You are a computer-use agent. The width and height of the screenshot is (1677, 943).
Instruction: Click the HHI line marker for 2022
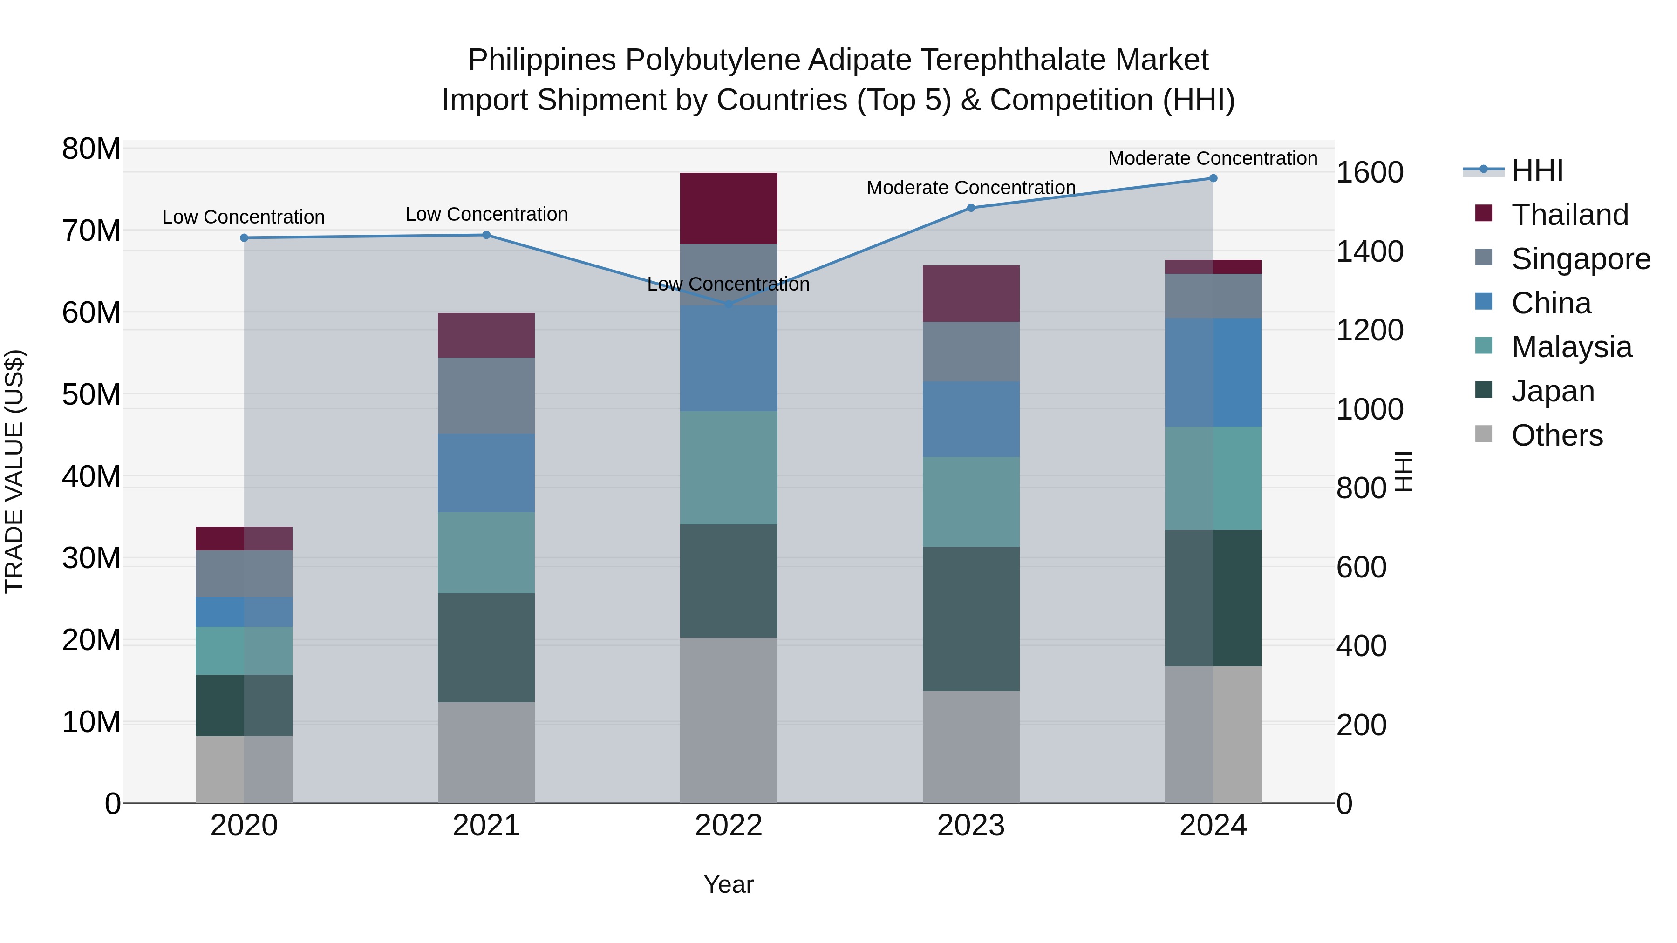tap(729, 304)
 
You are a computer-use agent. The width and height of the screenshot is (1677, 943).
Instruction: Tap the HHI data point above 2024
tap(1213, 178)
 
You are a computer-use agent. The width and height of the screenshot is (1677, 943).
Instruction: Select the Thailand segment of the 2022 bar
tap(729, 208)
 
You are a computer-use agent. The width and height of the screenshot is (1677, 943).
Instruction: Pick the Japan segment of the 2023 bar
tap(971, 618)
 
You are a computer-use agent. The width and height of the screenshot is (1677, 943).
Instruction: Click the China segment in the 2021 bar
tap(486, 473)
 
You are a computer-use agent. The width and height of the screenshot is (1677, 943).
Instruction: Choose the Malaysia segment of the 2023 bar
tap(971, 501)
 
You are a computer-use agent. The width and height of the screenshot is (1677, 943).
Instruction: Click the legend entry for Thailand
tap(1569, 215)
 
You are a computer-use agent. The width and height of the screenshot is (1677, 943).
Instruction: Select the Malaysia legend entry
tap(1571, 347)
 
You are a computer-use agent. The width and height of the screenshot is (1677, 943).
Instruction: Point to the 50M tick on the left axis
tap(91, 394)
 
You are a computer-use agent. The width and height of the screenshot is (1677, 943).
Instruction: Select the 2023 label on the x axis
tap(971, 826)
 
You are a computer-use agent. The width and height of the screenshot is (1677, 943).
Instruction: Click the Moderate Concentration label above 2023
tap(971, 187)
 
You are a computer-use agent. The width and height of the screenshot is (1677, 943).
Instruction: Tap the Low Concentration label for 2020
tap(244, 217)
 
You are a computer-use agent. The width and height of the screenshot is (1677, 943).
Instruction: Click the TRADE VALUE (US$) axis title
tap(14, 471)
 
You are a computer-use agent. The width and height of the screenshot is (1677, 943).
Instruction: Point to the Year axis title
tap(729, 884)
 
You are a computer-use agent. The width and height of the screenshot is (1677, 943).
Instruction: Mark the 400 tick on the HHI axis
tap(1361, 646)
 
